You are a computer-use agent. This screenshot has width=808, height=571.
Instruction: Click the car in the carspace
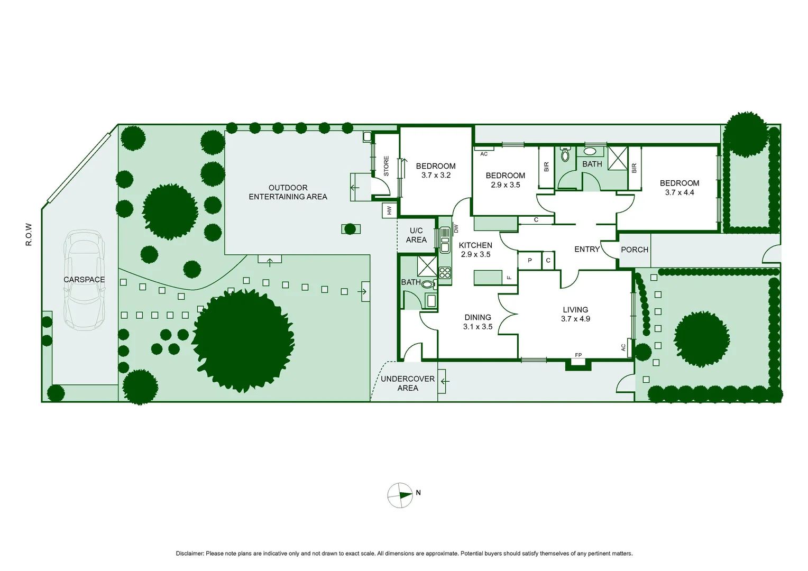point(84,280)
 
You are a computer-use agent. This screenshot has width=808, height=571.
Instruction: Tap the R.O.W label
point(29,234)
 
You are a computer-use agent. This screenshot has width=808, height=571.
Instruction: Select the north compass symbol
point(400,495)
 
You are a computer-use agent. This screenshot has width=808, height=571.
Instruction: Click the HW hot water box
point(390,210)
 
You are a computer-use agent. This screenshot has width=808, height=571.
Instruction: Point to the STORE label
point(386,166)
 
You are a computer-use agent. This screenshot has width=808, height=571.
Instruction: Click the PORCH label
point(634,250)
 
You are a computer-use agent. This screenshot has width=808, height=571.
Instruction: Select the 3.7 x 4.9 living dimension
point(575,319)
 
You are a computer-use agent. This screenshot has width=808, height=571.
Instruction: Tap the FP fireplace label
point(578,355)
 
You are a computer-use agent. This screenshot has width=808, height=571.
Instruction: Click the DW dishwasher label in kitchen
point(456,228)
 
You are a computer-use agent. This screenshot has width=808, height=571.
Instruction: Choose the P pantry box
point(530,261)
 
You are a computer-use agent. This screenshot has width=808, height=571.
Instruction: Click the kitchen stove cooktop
point(445,273)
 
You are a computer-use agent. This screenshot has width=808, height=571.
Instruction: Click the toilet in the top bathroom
point(565,154)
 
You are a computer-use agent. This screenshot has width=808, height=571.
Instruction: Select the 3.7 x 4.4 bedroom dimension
point(680,192)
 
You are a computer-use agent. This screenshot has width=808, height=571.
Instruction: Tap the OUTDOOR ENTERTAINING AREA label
point(288,192)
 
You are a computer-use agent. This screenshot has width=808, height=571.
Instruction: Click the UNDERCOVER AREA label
point(408,383)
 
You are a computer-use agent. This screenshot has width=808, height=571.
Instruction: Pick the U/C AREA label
point(416,235)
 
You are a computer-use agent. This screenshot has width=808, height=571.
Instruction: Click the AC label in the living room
point(623,347)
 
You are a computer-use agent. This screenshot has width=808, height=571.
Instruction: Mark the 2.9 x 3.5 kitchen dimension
point(475,254)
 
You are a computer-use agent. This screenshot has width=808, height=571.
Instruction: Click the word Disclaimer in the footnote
point(189,554)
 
